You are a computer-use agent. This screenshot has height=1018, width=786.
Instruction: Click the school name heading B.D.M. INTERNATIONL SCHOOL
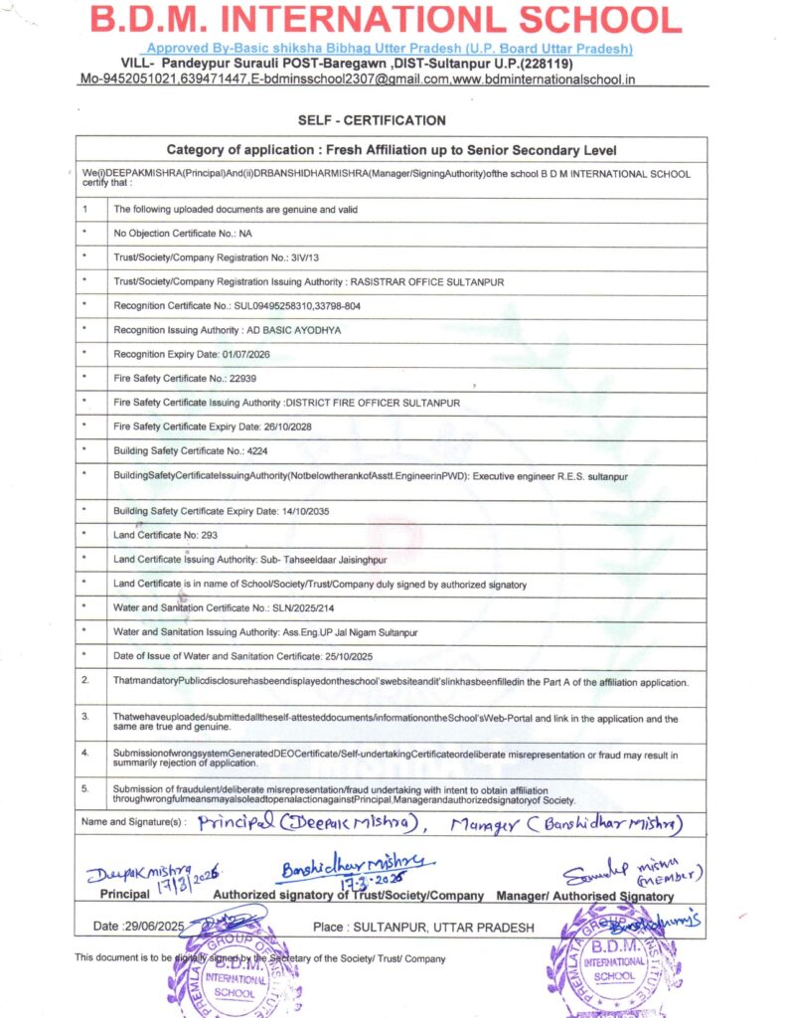[386, 19]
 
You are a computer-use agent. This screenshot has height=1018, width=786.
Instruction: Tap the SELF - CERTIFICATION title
[372, 120]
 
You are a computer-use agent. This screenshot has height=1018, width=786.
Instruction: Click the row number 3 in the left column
[85, 716]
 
